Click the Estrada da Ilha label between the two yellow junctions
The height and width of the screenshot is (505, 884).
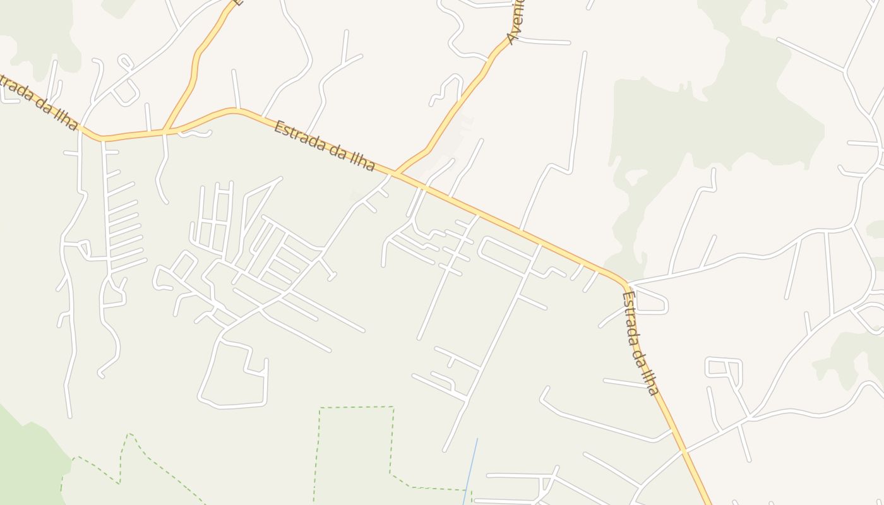tap(325, 146)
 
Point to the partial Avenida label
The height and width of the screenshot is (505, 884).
tap(517, 22)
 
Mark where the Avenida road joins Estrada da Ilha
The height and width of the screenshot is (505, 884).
tap(396, 172)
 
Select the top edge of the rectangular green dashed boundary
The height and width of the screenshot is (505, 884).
tap(357, 408)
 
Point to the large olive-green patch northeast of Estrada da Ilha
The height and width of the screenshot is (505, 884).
tap(714, 126)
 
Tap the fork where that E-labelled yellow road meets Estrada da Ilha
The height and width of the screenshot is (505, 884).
tap(165, 131)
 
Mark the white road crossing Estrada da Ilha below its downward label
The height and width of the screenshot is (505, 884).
tap(684, 451)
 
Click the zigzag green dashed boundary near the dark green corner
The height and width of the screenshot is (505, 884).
tap(126, 454)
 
